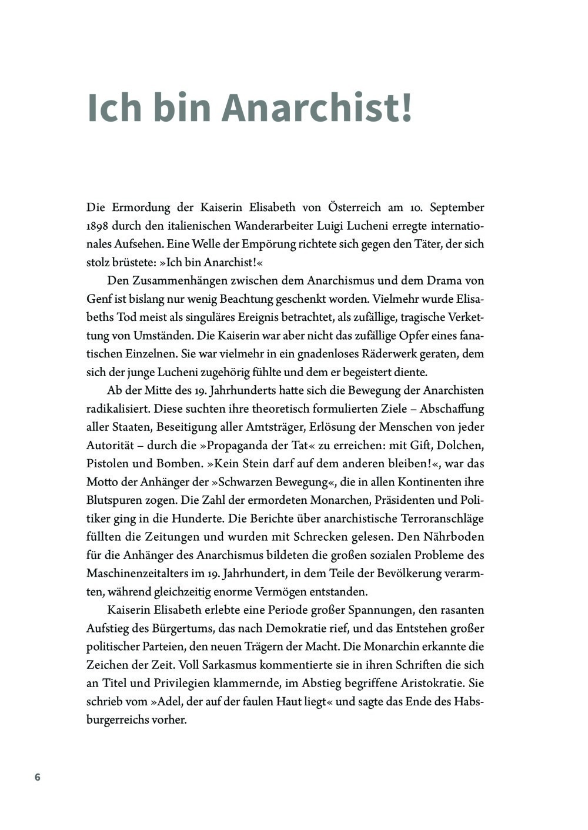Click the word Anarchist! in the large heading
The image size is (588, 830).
[x=317, y=108]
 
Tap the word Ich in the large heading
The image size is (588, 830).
[x=114, y=108]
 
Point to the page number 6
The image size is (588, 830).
[x=38, y=777]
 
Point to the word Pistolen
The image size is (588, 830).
[x=108, y=463]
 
